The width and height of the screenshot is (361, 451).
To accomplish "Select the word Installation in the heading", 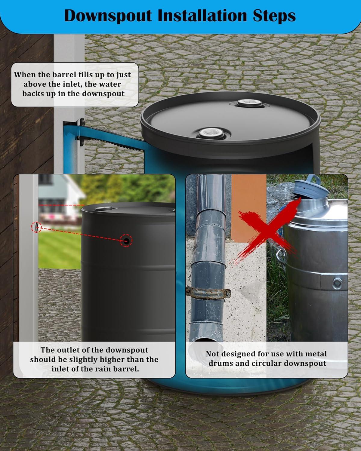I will coord(200,16).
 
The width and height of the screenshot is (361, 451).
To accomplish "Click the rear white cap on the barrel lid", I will coord(250,103).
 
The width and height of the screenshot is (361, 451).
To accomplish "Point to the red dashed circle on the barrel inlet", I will coord(126,240).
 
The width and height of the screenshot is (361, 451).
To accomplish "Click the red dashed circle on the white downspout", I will coord(36,227).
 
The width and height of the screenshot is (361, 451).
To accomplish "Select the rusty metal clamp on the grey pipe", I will coord(208,293).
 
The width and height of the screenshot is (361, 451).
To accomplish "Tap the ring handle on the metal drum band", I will coord(337,283).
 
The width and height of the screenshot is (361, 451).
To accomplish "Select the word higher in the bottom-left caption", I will coord(111,359).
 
